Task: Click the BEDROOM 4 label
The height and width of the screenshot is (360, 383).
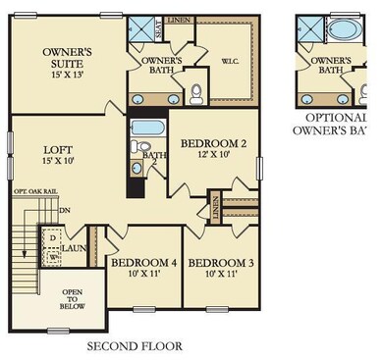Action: pyautogui.click(x=142, y=263)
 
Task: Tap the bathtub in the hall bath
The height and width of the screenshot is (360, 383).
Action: pyautogui.click(x=147, y=128)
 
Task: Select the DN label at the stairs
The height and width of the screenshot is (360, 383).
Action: pyautogui.click(x=65, y=209)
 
